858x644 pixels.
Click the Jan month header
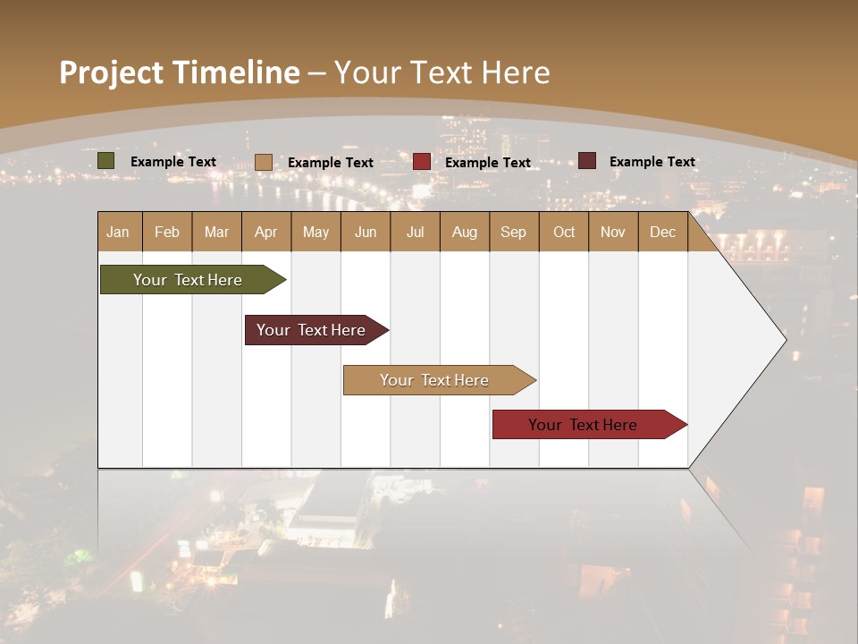point(119,232)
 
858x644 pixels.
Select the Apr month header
point(266,232)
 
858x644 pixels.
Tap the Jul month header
point(416,232)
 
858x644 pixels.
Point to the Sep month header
point(514,232)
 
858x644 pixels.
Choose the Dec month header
point(663,232)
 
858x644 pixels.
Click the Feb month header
point(167,232)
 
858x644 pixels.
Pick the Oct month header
point(564,232)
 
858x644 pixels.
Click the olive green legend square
point(106,161)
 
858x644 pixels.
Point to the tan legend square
point(264,162)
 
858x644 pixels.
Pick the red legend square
point(422,162)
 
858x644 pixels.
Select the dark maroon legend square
point(587,161)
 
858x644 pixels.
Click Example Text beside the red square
point(488,163)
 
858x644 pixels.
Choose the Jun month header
point(366,232)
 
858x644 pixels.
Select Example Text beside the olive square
point(173,162)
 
